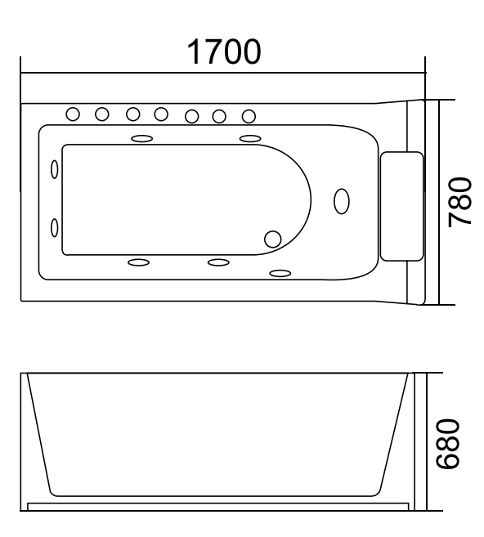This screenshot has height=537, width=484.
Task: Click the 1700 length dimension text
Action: pos(224,51)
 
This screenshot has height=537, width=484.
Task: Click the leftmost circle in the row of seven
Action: pos(74,114)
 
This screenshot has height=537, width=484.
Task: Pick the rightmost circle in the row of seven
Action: pos(249,116)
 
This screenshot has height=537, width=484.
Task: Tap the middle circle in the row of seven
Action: pos(161,114)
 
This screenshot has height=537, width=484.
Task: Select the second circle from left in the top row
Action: pos(102,114)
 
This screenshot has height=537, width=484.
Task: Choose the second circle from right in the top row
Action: pos(219,116)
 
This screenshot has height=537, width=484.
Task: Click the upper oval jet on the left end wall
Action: pos(55,169)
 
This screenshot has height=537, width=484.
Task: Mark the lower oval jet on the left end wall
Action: pos(55,227)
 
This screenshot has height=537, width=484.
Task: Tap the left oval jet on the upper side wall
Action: pos(141,138)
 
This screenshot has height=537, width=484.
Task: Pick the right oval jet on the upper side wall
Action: pos(250,138)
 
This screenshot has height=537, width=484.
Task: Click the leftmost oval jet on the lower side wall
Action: pos(138,262)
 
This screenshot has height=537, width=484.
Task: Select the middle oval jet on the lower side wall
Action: pos(218,262)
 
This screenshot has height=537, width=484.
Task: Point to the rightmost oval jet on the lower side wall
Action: pos(280,273)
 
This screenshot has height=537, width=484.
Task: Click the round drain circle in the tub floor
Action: pos(272,239)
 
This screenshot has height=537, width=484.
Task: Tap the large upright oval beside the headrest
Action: pos(342,201)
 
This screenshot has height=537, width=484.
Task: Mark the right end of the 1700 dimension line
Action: pos(425,72)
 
